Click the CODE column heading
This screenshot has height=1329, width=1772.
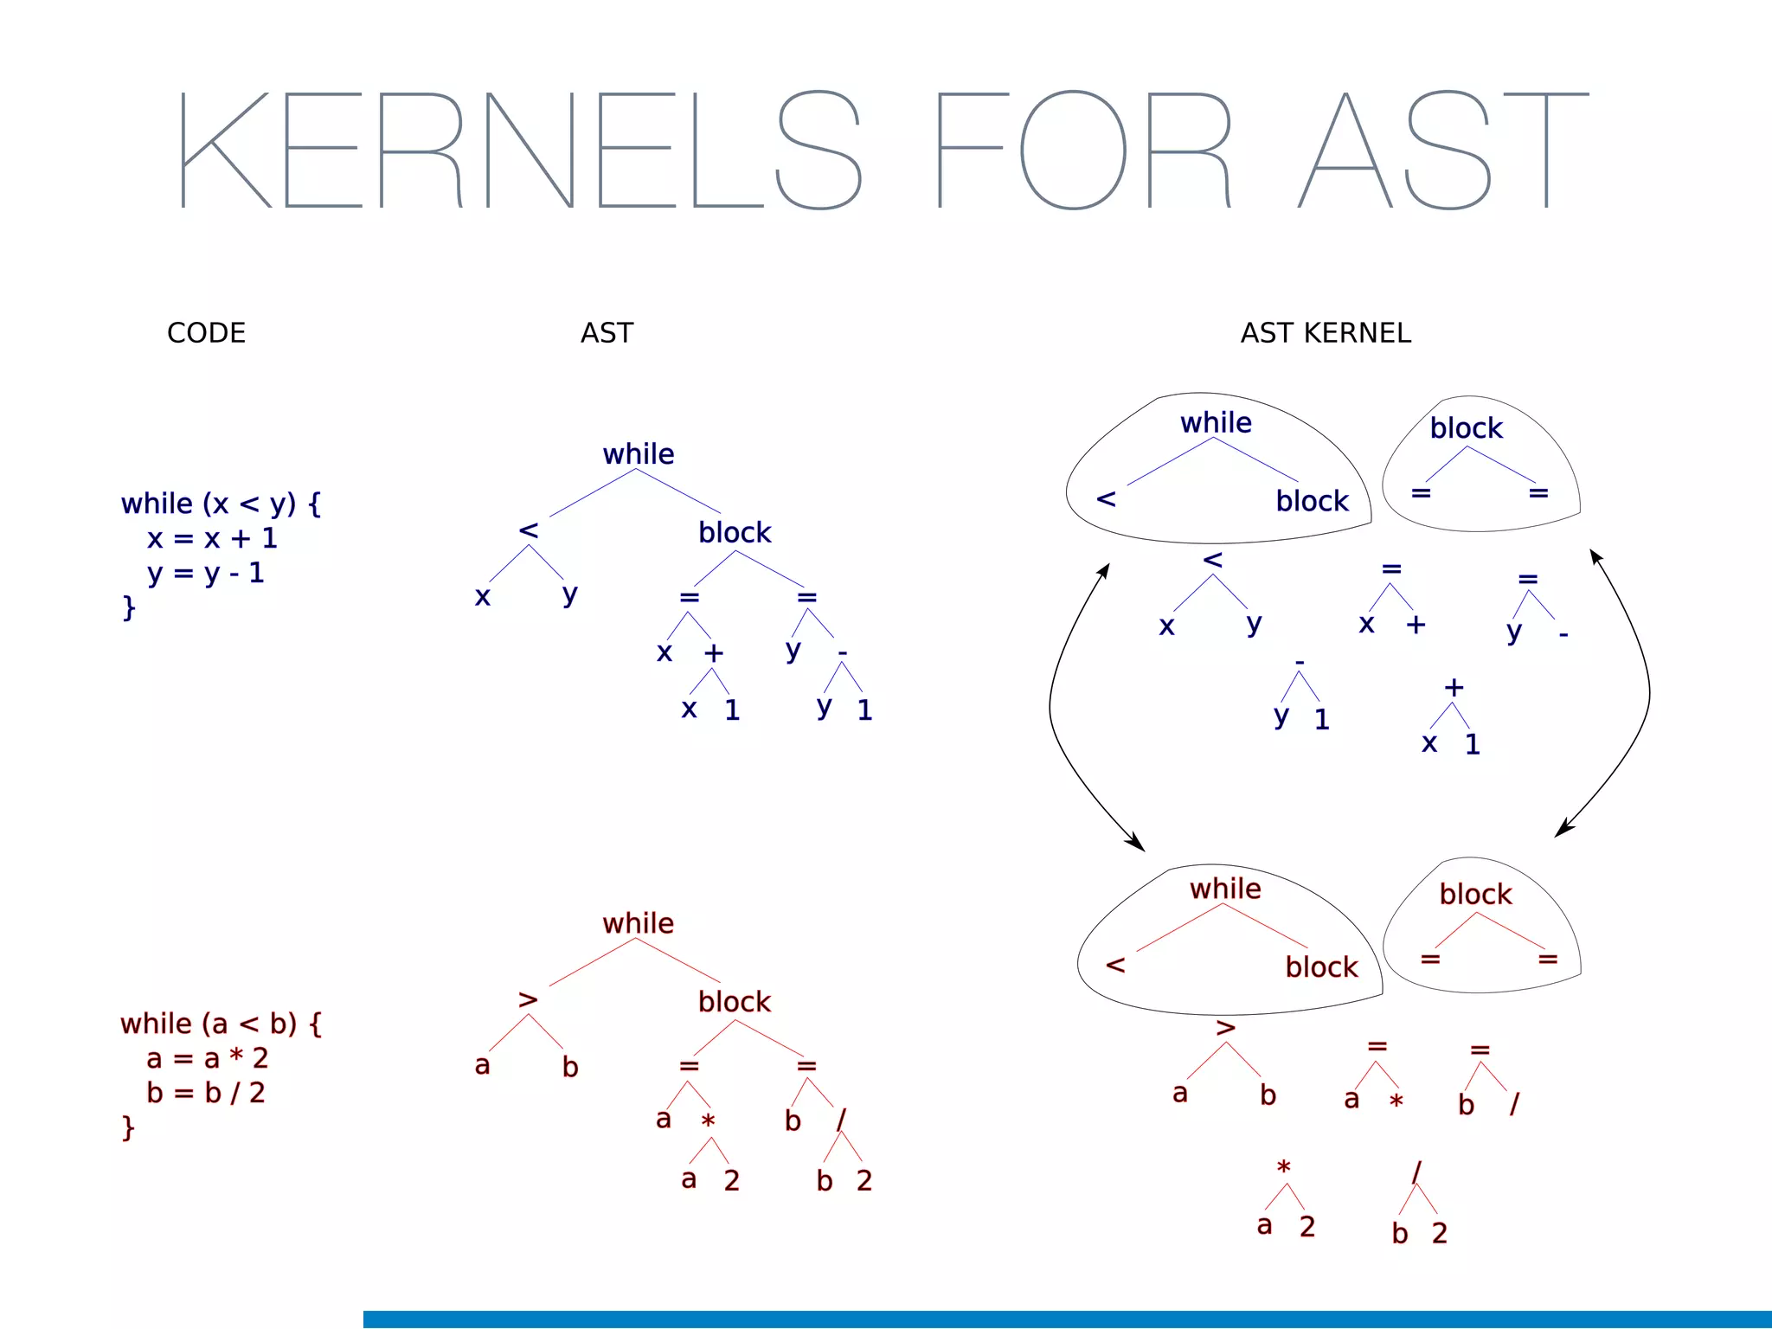[x=206, y=333]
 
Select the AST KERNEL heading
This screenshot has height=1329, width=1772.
[x=1325, y=333]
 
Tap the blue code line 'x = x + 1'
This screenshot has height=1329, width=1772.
[x=212, y=539]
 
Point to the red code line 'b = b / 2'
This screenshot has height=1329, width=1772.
[x=206, y=1093]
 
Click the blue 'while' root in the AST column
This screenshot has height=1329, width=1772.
[x=638, y=454]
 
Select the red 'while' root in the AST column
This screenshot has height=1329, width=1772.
[x=638, y=923]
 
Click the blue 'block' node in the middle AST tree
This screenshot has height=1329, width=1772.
[x=735, y=532]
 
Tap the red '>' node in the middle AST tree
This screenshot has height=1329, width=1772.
[x=528, y=1000]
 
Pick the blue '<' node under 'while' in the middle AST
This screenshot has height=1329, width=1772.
[x=529, y=530]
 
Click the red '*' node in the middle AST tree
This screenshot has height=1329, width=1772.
[x=708, y=1121]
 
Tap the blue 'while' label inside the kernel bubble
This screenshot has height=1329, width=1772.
[x=1216, y=423]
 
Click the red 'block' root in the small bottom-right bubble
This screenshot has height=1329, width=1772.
[x=1475, y=894]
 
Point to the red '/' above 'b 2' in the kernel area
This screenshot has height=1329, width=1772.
[x=1416, y=1172]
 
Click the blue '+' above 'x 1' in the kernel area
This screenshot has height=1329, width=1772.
[x=1454, y=689]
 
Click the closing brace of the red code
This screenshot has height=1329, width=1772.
[x=128, y=1127]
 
